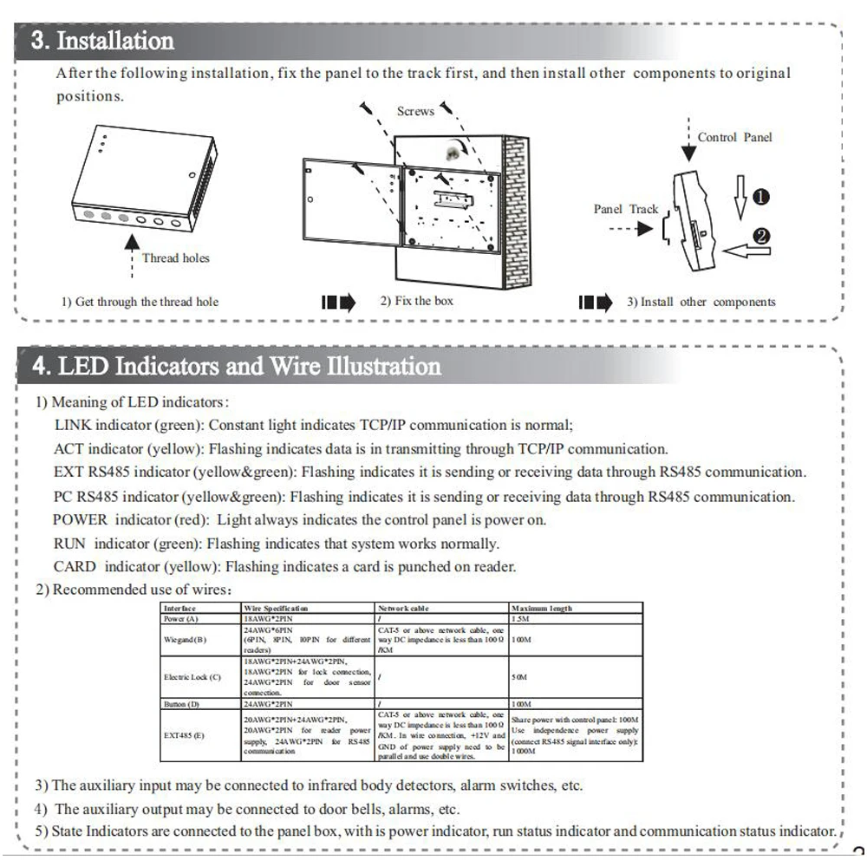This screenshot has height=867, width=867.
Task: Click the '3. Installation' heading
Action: point(102,41)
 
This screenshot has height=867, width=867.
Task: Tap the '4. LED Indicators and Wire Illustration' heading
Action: point(236,366)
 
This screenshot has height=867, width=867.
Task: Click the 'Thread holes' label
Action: point(175,257)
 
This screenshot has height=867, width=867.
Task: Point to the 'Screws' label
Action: point(415,111)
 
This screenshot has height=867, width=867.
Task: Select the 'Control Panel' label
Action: point(734,137)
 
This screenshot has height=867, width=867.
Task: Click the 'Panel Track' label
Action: point(626,209)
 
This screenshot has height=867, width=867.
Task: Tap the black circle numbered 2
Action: point(764,236)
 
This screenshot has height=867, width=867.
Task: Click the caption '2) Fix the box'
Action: point(417,301)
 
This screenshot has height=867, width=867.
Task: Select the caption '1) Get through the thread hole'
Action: point(140,302)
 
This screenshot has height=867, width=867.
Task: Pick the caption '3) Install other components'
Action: point(701,302)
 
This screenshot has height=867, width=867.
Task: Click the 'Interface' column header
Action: point(180,609)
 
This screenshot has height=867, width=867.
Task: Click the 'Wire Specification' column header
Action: point(276,609)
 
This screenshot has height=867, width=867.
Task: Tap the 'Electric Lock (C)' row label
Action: point(192,676)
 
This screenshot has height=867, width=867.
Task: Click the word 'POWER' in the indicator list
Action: point(81,520)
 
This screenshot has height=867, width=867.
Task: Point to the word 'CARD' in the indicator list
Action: point(75,567)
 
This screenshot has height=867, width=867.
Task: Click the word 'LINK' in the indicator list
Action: point(73,425)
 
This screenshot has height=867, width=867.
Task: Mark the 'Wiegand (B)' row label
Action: point(186,640)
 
